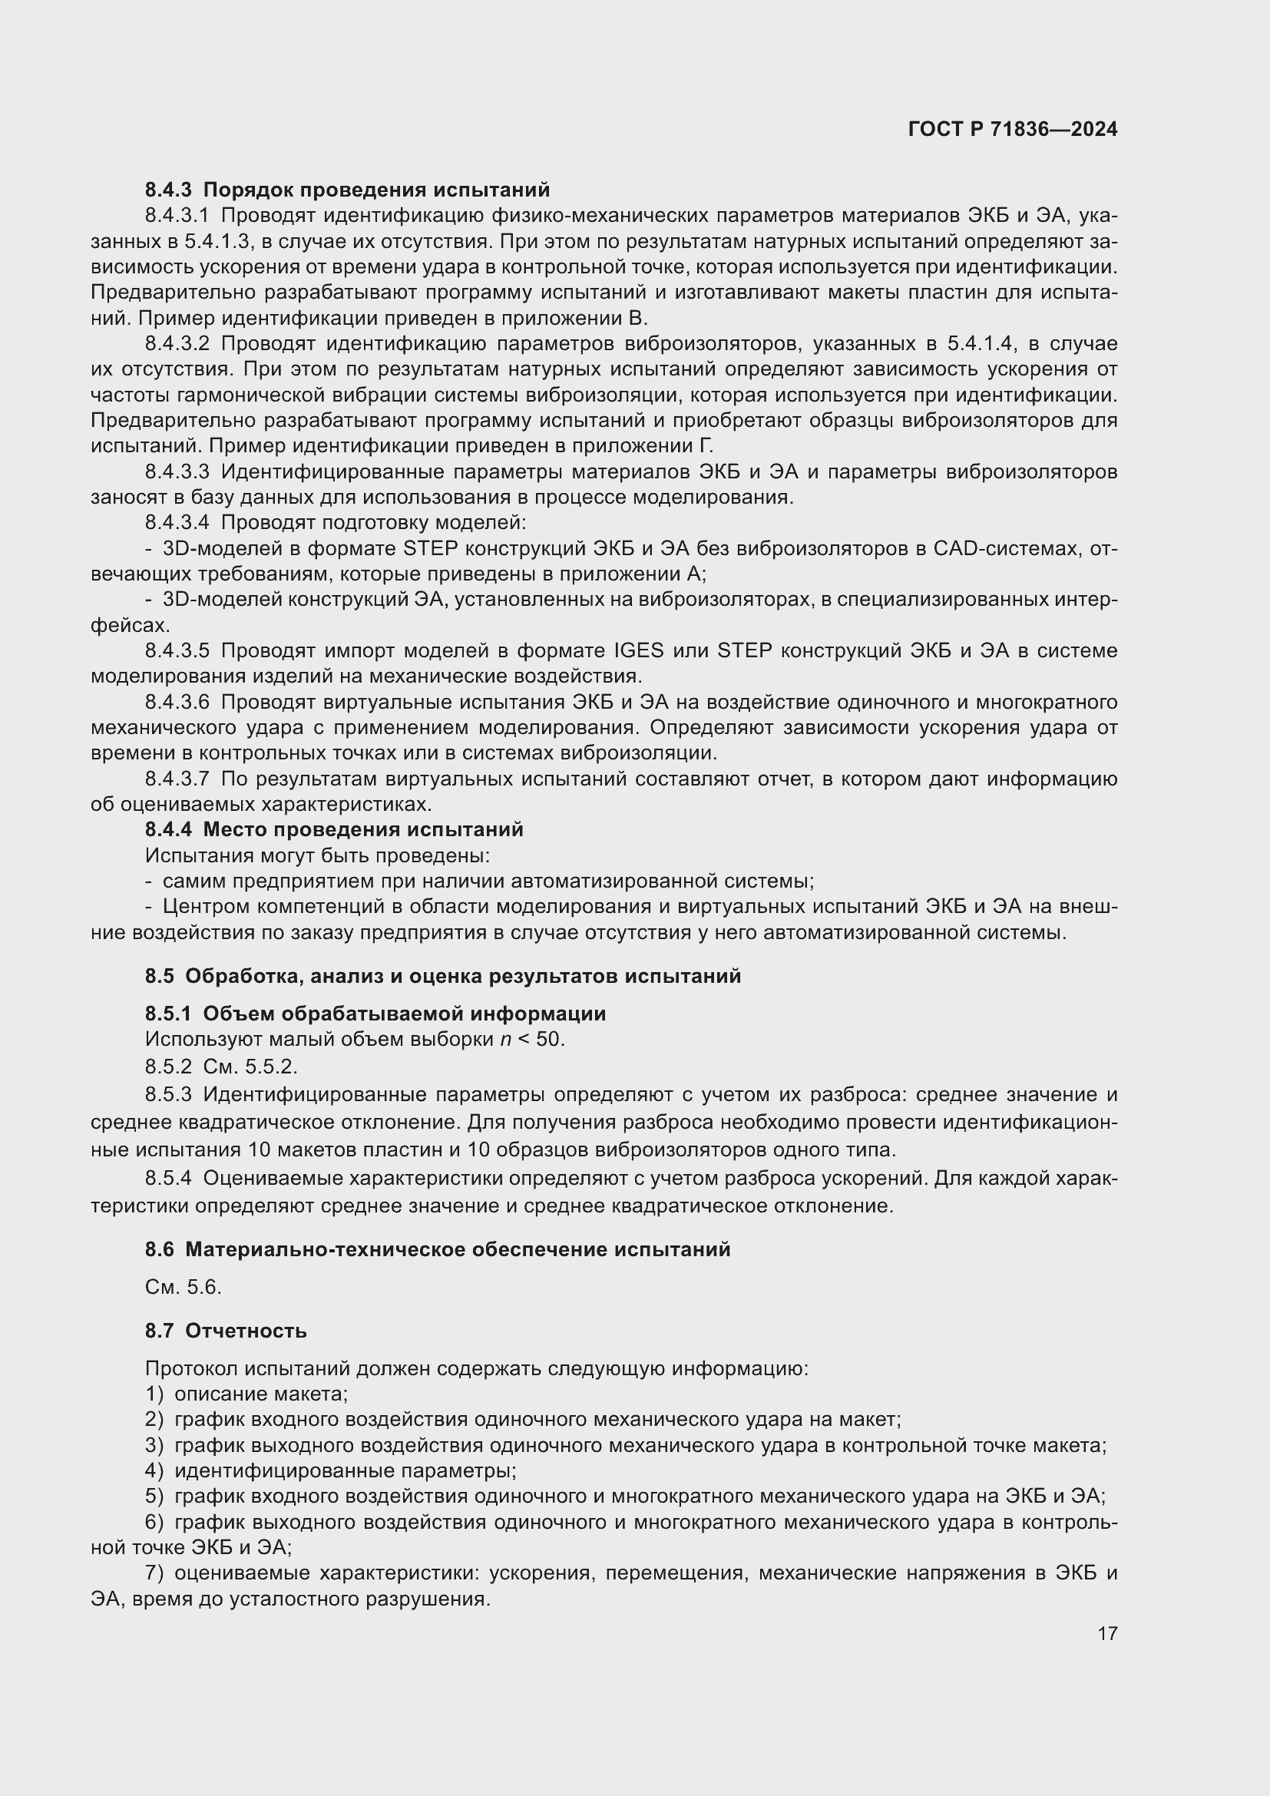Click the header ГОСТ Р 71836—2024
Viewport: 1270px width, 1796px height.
pos(1012,130)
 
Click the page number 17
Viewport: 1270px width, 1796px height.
pos(1106,1633)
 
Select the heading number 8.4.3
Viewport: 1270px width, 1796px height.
pos(168,190)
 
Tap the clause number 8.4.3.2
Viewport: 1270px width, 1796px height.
pos(177,343)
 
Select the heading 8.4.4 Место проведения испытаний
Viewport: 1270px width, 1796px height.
pos(334,829)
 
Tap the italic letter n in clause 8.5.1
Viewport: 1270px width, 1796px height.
pos(505,1040)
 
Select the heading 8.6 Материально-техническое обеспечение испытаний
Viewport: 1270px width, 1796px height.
pos(437,1249)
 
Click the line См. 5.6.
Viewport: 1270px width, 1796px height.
pos(183,1287)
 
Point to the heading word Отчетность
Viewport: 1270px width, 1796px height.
pos(246,1331)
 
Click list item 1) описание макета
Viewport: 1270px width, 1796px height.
pos(246,1394)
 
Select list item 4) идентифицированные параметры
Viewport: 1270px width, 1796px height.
pos(331,1470)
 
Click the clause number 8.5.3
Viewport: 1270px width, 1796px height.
pos(168,1094)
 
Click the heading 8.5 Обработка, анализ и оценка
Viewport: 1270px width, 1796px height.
pos(442,976)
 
